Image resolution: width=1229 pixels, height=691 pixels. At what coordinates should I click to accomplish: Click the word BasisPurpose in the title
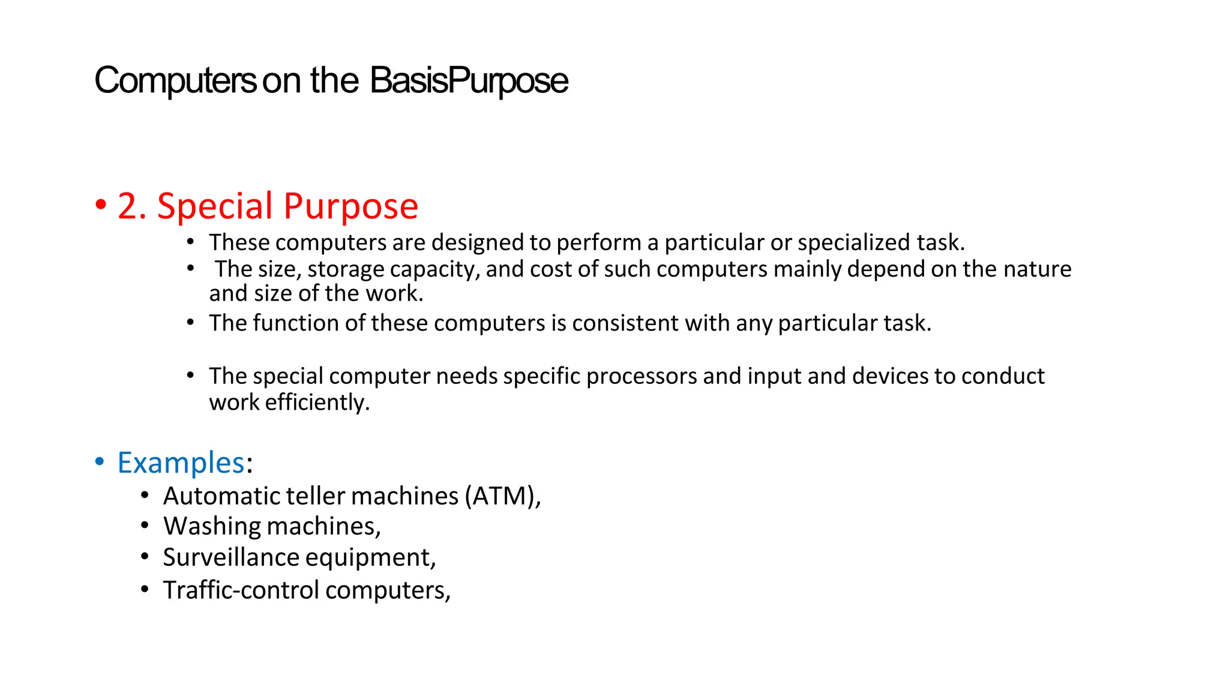(x=469, y=81)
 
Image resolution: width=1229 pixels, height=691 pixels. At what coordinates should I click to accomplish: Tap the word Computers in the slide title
(x=175, y=81)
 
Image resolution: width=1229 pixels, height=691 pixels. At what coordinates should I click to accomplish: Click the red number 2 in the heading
(x=128, y=206)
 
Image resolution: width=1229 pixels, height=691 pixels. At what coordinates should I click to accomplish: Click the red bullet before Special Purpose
(x=101, y=205)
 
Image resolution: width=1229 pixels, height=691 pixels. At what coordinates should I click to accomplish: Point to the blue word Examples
(x=181, y=463)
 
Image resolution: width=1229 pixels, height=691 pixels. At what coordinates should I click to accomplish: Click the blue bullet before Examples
(x=100, y=462)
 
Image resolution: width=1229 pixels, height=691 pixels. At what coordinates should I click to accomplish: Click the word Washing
(x=211, y=527)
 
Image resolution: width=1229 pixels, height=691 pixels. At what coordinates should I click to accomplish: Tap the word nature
(x=1038, y=269)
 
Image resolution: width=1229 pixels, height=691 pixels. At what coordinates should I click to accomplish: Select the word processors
(x=642, y=376)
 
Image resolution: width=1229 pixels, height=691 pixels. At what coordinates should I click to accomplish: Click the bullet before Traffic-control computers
(x=145, y=590)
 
